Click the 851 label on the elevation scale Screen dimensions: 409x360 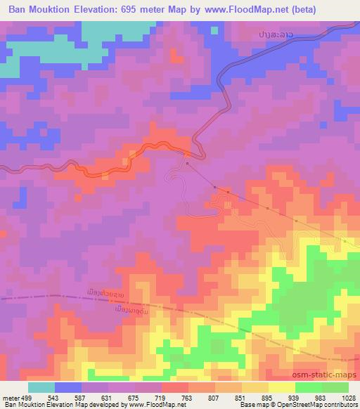tap(242, 396)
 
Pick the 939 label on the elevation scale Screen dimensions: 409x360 tap(295, 396)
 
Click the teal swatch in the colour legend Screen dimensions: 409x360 tap(41, 387)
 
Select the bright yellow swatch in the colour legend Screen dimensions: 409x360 tap(281, 387)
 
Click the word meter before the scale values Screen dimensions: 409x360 tap(11, 396)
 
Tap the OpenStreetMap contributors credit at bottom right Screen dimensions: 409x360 tap(313, 405)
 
